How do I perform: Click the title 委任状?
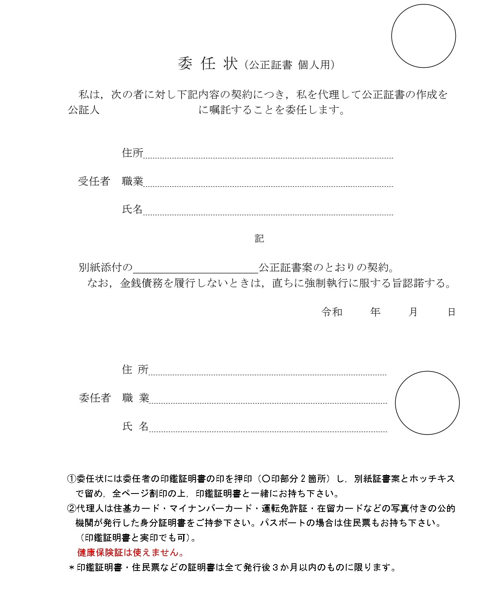207,64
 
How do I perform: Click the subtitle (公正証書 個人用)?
289,65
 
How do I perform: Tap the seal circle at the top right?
423,36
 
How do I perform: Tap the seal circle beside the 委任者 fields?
427,403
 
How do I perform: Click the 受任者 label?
94,181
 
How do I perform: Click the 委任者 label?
94,398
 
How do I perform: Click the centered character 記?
259,239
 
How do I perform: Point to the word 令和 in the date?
332,312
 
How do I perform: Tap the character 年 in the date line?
375,312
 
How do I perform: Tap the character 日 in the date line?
451,312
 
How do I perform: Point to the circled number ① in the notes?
71,479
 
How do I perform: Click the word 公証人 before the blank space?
84,110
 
